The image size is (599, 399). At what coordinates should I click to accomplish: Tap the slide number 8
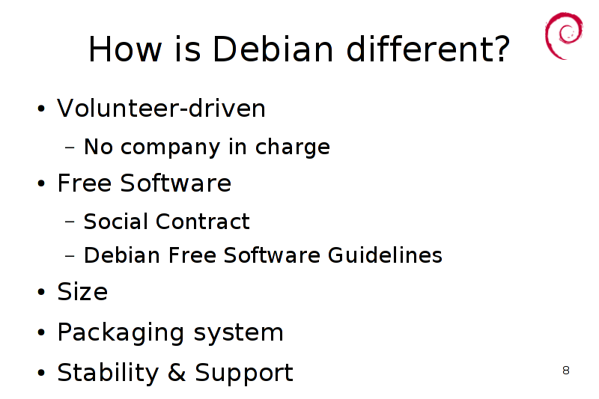pos(566,370)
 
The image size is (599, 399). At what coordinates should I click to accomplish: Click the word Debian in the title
pos(273,49)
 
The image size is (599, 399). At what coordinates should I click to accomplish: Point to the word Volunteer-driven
pos(161,108)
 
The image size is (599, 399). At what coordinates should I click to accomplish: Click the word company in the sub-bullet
pos(171,148)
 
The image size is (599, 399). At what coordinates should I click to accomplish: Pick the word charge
pos(292,147)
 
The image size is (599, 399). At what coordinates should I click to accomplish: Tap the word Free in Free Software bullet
pos(85,183)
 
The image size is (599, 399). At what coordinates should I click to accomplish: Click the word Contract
pos(202,222)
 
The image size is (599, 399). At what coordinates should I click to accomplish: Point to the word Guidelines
pos(385,255)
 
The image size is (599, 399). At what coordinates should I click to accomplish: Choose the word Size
pos(82,292)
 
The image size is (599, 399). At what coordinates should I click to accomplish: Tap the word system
pos(238,334)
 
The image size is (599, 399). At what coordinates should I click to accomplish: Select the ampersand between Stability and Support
pos(177,372)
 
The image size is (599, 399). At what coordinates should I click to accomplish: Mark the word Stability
pos(108,374)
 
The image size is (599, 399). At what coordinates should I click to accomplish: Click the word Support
pos(244,374)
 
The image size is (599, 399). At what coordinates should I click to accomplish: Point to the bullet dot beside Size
pos(41,292)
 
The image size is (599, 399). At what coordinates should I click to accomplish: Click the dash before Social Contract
pos(70,222)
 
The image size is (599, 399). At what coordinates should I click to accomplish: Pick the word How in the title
pos(125,49)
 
